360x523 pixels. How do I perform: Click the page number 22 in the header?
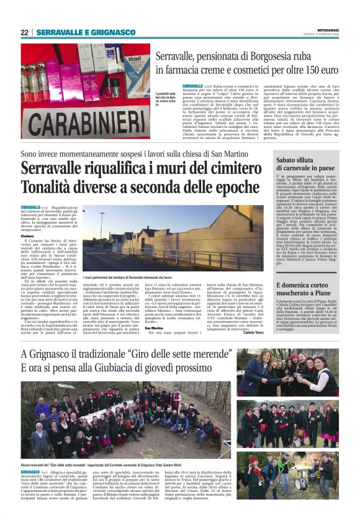point(24,32)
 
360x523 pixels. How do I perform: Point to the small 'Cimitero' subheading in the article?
point(27,236)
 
